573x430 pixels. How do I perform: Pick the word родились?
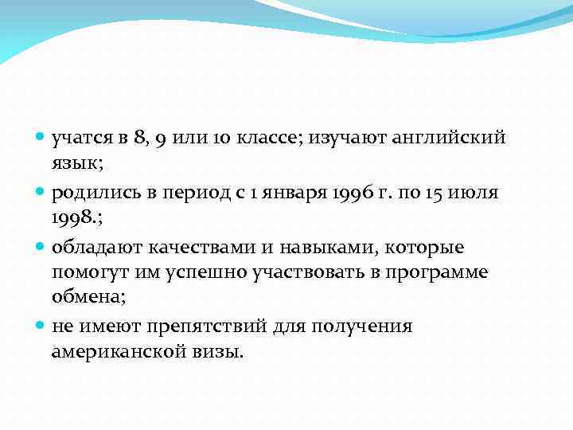tap(93, 193)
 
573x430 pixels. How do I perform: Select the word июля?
tap(477, 193)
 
